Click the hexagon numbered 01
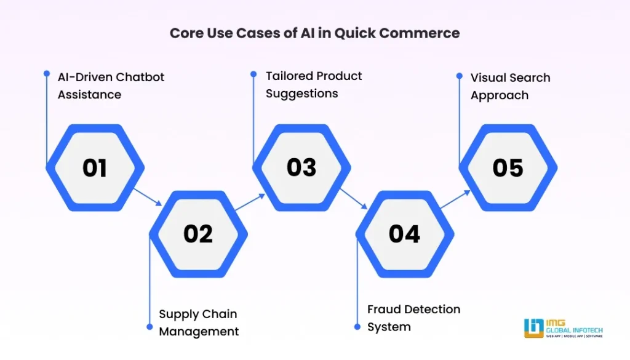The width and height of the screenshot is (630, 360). [95, 168]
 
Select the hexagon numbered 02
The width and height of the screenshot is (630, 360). [198, 234]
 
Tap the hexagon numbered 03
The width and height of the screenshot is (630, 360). [301, 168]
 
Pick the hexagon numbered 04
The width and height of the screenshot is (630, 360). [404, 234]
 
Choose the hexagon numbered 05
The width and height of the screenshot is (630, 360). [508, 168]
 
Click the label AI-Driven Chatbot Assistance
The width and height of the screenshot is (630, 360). [111, 86]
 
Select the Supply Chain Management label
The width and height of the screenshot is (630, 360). [198, 322]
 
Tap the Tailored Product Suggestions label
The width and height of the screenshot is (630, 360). [314, 84]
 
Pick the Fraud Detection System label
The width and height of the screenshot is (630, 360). [413, 318]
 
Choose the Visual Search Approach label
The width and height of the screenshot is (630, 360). [510, 86]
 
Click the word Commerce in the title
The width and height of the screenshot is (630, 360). [424, 33]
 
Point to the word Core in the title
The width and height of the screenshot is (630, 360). [186, 33]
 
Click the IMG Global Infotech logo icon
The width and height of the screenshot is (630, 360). [533, 328]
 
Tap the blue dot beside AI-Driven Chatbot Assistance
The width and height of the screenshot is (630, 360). [46, 73]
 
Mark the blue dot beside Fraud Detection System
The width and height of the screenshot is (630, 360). [357, 327]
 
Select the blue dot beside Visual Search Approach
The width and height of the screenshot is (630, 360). [459, 76]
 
